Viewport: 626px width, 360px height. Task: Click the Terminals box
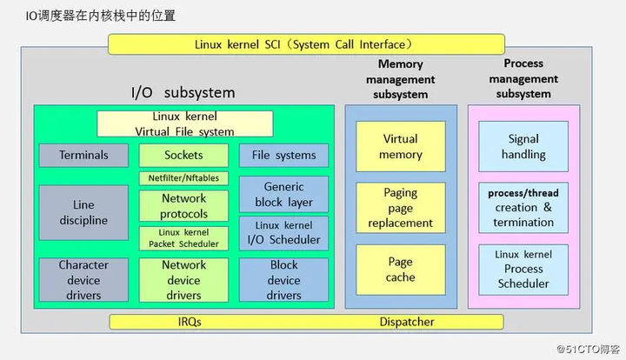(x=84, y=156)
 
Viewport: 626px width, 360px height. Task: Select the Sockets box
(x=183, y=156)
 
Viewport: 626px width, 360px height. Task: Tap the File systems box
(x=284, y=156)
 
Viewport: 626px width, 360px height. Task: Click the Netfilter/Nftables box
(x=183, y=178)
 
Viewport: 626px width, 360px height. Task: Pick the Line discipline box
(x=84, y=213)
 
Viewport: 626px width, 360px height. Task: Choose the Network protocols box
(x=183, y=206)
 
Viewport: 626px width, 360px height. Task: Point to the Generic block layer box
(x=284, y=194)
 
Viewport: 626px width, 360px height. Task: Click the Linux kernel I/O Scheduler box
(x=284, y=233)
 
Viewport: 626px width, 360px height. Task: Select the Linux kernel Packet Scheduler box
(x=183, y=238)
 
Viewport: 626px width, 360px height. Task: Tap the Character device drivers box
(x=84, y=280)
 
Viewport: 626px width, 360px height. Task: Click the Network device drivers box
(x=183, y=280)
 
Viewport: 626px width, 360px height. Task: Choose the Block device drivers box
(x=284, y=280)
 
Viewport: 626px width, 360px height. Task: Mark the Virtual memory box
(x=401, y=146)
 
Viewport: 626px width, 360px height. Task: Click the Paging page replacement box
(x=401, y=208)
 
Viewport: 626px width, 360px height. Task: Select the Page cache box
(x=401, y=270)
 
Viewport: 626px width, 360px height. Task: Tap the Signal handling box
(x=523, y=146)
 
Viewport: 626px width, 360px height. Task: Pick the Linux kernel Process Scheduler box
(x=523, y=270)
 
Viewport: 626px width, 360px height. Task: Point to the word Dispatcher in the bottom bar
(x=406, y=322)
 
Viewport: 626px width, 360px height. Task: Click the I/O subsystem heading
(x=183, y=92)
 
